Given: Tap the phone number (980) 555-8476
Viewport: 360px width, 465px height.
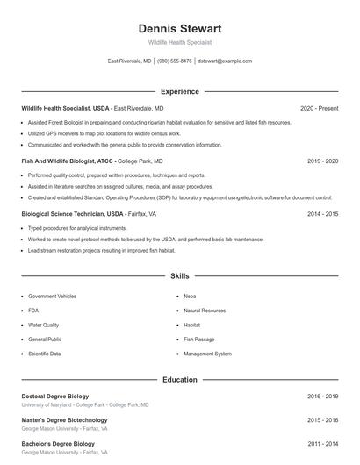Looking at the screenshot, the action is (174, 61).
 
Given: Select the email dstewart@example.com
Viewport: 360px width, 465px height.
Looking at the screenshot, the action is (225, 61).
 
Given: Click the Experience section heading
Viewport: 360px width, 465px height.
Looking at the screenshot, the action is (179, 91).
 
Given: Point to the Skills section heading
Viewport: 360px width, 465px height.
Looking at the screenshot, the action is (179, 275).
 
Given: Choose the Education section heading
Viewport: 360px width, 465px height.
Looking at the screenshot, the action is (179, 380).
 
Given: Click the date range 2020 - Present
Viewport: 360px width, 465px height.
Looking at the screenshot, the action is (319, 108).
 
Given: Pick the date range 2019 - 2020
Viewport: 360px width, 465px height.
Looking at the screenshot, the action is (322, 161).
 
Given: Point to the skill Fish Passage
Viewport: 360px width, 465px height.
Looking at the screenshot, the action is (198, 339).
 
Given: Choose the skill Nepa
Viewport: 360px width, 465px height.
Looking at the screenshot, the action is (190, 297).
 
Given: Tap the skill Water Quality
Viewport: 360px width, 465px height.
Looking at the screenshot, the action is (44, 325).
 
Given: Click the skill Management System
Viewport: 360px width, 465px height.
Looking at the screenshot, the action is (207, 354).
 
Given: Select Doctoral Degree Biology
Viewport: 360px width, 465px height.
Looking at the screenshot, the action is (55, 397).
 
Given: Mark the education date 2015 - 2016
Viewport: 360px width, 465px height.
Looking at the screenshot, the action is (322, 420).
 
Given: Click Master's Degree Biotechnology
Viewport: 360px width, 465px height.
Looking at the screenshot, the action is (64, 420).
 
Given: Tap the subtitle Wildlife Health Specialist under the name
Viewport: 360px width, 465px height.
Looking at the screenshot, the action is (179, 42).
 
